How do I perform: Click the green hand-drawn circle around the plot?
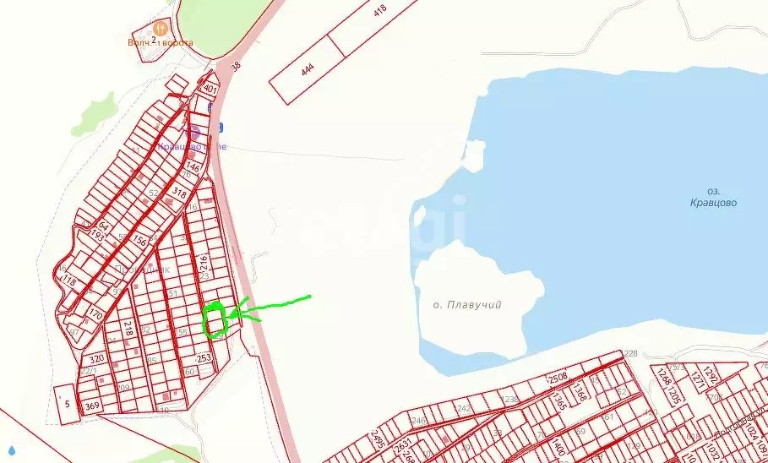coord(215,320)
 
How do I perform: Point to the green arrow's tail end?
coord(310,296)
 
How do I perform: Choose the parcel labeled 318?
coord(179,193)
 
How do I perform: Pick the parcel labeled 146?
coord(193,168)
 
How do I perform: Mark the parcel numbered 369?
coord(92,406)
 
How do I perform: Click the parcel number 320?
coord(96,359)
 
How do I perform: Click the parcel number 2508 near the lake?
coord(558,378)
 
